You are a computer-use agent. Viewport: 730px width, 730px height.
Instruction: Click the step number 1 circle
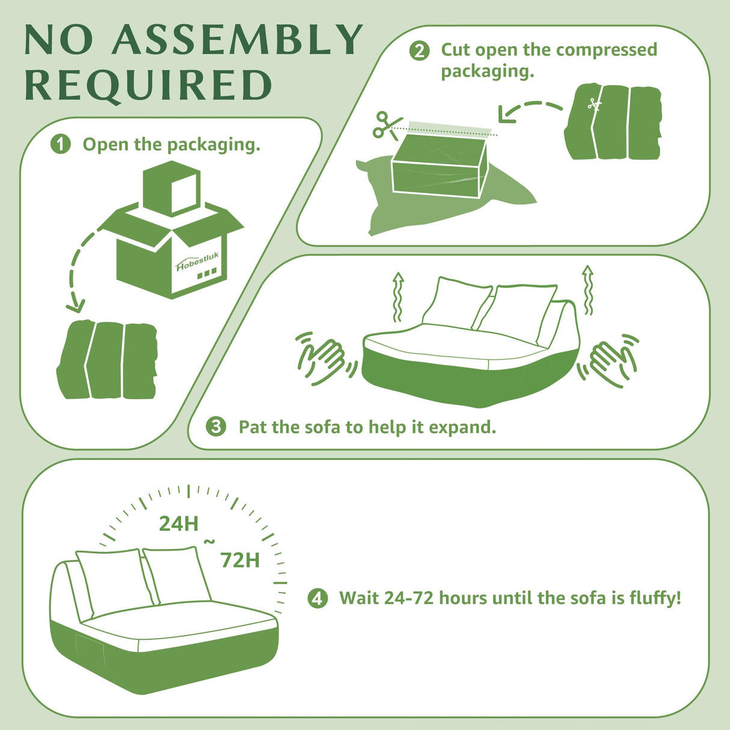[x=60, y=144]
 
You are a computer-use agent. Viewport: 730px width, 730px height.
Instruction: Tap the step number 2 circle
[x=419, y=51]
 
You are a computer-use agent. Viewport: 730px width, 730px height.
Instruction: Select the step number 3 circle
[x=216, y=427]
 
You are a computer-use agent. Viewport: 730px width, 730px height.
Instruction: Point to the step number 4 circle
[x=317, y=598]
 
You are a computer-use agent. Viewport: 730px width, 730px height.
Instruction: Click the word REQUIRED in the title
[x=148, y=85]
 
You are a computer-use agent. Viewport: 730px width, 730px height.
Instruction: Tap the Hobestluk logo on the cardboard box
[x=197, y=262]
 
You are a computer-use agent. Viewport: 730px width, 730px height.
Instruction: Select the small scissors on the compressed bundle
[x=595, y=104]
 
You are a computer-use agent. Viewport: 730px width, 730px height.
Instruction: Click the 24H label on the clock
[x=179, y=524]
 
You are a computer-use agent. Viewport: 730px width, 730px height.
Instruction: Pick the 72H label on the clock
[x=240, y=560]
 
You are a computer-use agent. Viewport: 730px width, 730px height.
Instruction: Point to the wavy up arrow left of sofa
[x=397, y=296]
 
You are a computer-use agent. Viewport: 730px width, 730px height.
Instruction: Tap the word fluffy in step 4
[x=654, y=598]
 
